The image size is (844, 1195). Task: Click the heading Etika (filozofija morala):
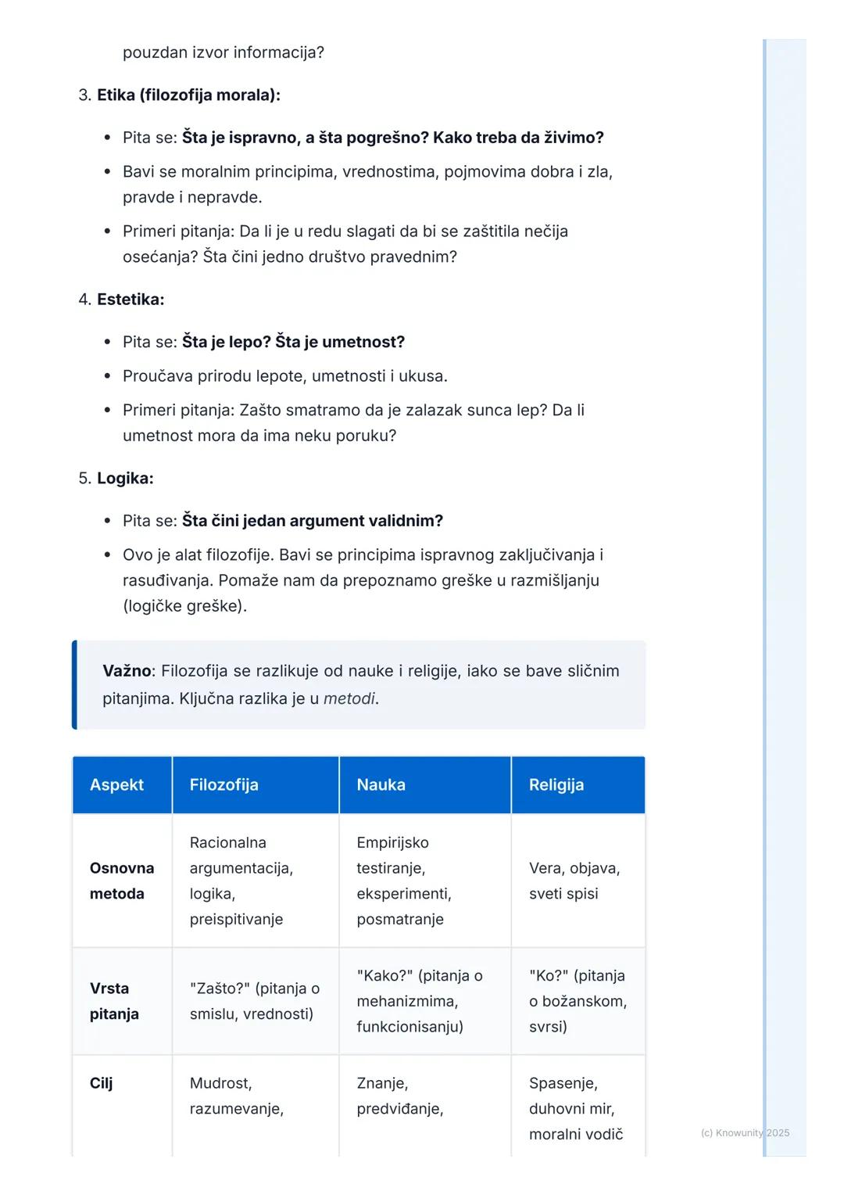pyautogui.click(x=188, y=95)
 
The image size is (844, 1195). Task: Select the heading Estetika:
pyautogui.click(x=131, y=300)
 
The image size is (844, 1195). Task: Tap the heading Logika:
pyautogui.click(x=125, y=479)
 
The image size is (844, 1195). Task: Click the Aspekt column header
pyautogui.click(x=116, y=785)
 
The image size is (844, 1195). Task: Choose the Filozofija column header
pyautogui.click(x=224, y=785)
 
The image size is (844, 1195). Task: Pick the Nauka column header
pyautogui.click(x=381, y=785)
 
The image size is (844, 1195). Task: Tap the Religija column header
pyautogui.click(x=556, y=785)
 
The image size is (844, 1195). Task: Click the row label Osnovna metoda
pyautogui.click(x=121, y=881)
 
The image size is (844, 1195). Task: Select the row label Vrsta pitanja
pyautogui.click(x=114, y=1001)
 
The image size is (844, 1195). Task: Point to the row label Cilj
pyautogui.click(x=101, y=1083)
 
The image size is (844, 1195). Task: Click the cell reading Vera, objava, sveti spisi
pyautogui.click(x=574, y=881)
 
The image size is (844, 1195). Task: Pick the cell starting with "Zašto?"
pyautogui.click(x=254, y=1001)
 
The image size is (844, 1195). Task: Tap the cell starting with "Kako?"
pyautogui.click(x=419, y=1001)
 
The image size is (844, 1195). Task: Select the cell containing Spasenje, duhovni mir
pyautogui.click(x=575, y=1108)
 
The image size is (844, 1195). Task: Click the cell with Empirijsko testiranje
pyautogui.click(x=403, y=881)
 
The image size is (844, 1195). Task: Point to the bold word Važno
pyautogui.click(x=126, y=671)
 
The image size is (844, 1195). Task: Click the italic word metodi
pyautogui.click(x=349, y=698)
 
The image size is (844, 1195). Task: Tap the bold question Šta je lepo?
pyautogui.click(x=226, y=342)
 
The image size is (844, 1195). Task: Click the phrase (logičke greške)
pyautogui.click(x=184, y=606)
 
